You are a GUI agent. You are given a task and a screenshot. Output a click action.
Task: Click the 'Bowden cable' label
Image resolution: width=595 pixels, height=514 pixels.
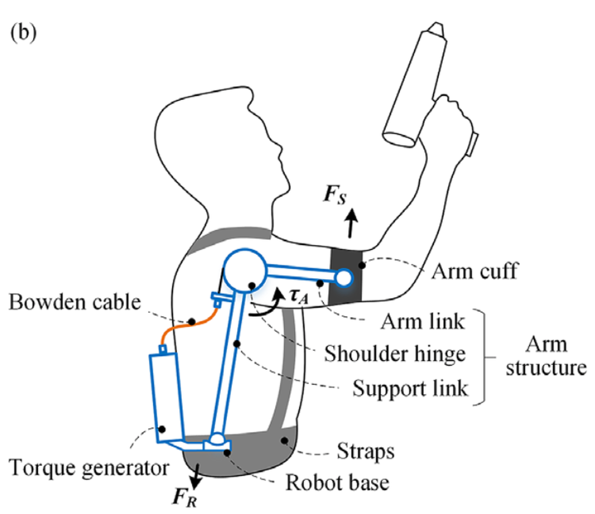tap(75, 301)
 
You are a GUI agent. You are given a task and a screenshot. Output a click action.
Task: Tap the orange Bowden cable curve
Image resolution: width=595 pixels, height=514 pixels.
tap(191, 323)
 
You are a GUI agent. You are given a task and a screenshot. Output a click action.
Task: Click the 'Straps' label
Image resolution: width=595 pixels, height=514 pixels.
tap(366, 452)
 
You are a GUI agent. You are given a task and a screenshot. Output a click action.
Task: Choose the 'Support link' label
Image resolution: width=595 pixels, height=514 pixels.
tap(410, 388)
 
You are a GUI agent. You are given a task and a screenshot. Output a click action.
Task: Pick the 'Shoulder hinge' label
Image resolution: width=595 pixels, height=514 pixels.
tap(395, 354)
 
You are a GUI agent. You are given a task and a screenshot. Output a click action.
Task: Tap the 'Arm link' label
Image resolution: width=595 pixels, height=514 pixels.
tap(422, 321)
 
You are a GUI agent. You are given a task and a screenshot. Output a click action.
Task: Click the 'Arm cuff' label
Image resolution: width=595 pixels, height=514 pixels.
tap(475, 271)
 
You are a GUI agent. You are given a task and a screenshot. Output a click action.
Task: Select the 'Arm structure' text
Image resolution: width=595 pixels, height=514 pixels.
tap(545, 356)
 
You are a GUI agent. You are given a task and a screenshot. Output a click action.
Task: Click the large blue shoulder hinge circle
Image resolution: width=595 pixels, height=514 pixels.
tap(245, 271)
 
